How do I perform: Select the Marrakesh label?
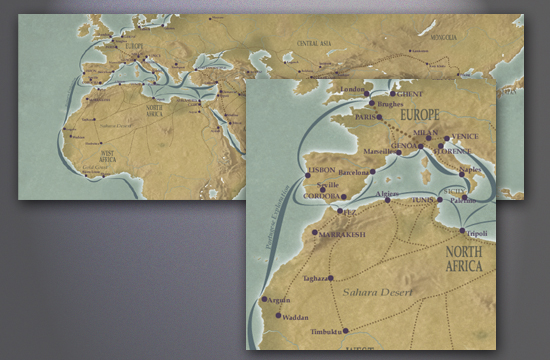(338, 237)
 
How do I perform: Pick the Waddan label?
(295, 317)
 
